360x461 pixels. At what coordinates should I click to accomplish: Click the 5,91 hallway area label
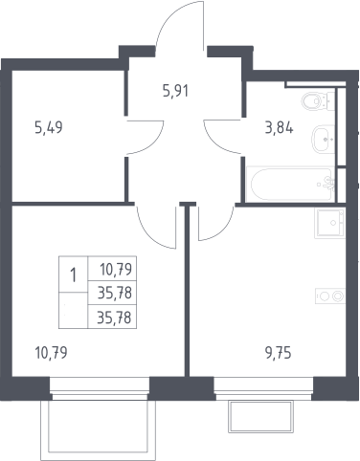(175, 91)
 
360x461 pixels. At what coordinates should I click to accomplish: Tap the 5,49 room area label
(49, 127)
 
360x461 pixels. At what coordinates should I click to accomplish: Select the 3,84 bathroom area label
(280, 128)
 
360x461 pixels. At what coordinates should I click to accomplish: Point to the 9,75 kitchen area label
(279, 353)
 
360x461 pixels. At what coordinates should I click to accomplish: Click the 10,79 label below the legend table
(51, 353)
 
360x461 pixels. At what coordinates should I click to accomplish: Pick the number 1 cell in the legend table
(74, 274)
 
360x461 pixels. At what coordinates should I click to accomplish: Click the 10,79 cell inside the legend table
(112, 269)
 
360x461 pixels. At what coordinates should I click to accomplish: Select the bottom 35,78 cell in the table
(112, 318)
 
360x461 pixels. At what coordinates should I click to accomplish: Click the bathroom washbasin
(323, 140)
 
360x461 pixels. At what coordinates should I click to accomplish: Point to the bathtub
(290, 185)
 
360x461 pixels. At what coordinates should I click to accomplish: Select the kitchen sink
(330, 223)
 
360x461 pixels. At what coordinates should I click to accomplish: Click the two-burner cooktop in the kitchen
(330, 296)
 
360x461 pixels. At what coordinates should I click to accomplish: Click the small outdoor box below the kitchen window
(260, 417)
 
